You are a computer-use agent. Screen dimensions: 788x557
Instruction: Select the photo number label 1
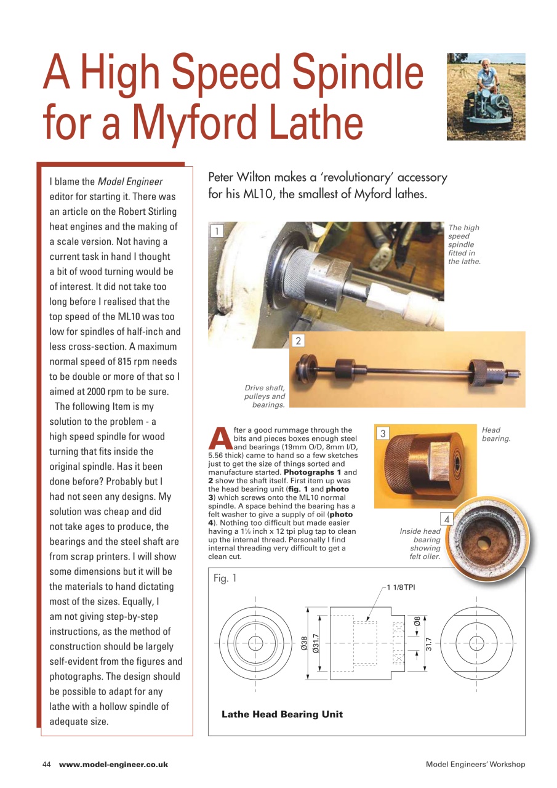(x=216, y=231)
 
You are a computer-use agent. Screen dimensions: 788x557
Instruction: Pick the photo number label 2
(x=298, y=340)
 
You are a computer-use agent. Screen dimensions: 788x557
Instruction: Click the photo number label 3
(x=382, y=433)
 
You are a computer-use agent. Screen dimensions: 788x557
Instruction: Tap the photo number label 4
(x=447, y=520)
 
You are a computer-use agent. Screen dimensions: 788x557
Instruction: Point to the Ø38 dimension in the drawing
(x=303, y=645)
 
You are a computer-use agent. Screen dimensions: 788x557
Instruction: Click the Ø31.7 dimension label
(x=315, y=643)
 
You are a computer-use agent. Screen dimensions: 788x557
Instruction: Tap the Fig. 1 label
(x=225, y=578)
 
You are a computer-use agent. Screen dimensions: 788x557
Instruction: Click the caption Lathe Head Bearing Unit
(x=282, y=714)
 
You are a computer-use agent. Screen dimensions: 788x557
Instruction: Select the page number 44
(x=46, y=764)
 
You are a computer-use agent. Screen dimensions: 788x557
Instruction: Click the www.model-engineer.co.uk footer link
(x=113, y=764)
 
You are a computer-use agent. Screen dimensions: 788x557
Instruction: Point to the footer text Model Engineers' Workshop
(x=475, y=764)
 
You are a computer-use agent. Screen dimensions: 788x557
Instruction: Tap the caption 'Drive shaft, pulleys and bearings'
(x=265, y=396)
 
